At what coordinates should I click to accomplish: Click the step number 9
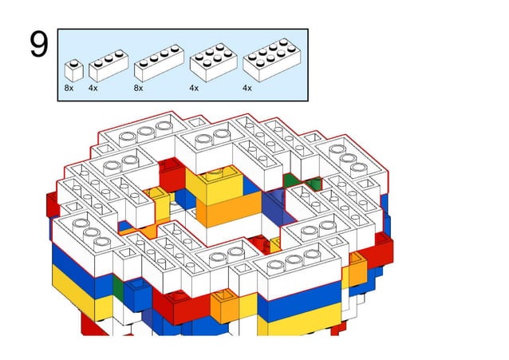click(x=38, y=45)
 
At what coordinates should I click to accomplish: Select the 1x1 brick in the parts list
click(x=73, y=69)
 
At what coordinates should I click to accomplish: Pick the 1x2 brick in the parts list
click(x=109, y=66)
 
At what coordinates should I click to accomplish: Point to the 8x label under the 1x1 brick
click(x=69, y=88)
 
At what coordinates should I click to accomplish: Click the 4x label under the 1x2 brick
click(x=93, y=88)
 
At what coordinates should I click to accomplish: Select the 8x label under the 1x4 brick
click(x=139, y=88)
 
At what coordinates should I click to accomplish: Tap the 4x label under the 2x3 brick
click(x=194, y=88)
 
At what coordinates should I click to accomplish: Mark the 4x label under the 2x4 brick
click(x=247, y=88)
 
